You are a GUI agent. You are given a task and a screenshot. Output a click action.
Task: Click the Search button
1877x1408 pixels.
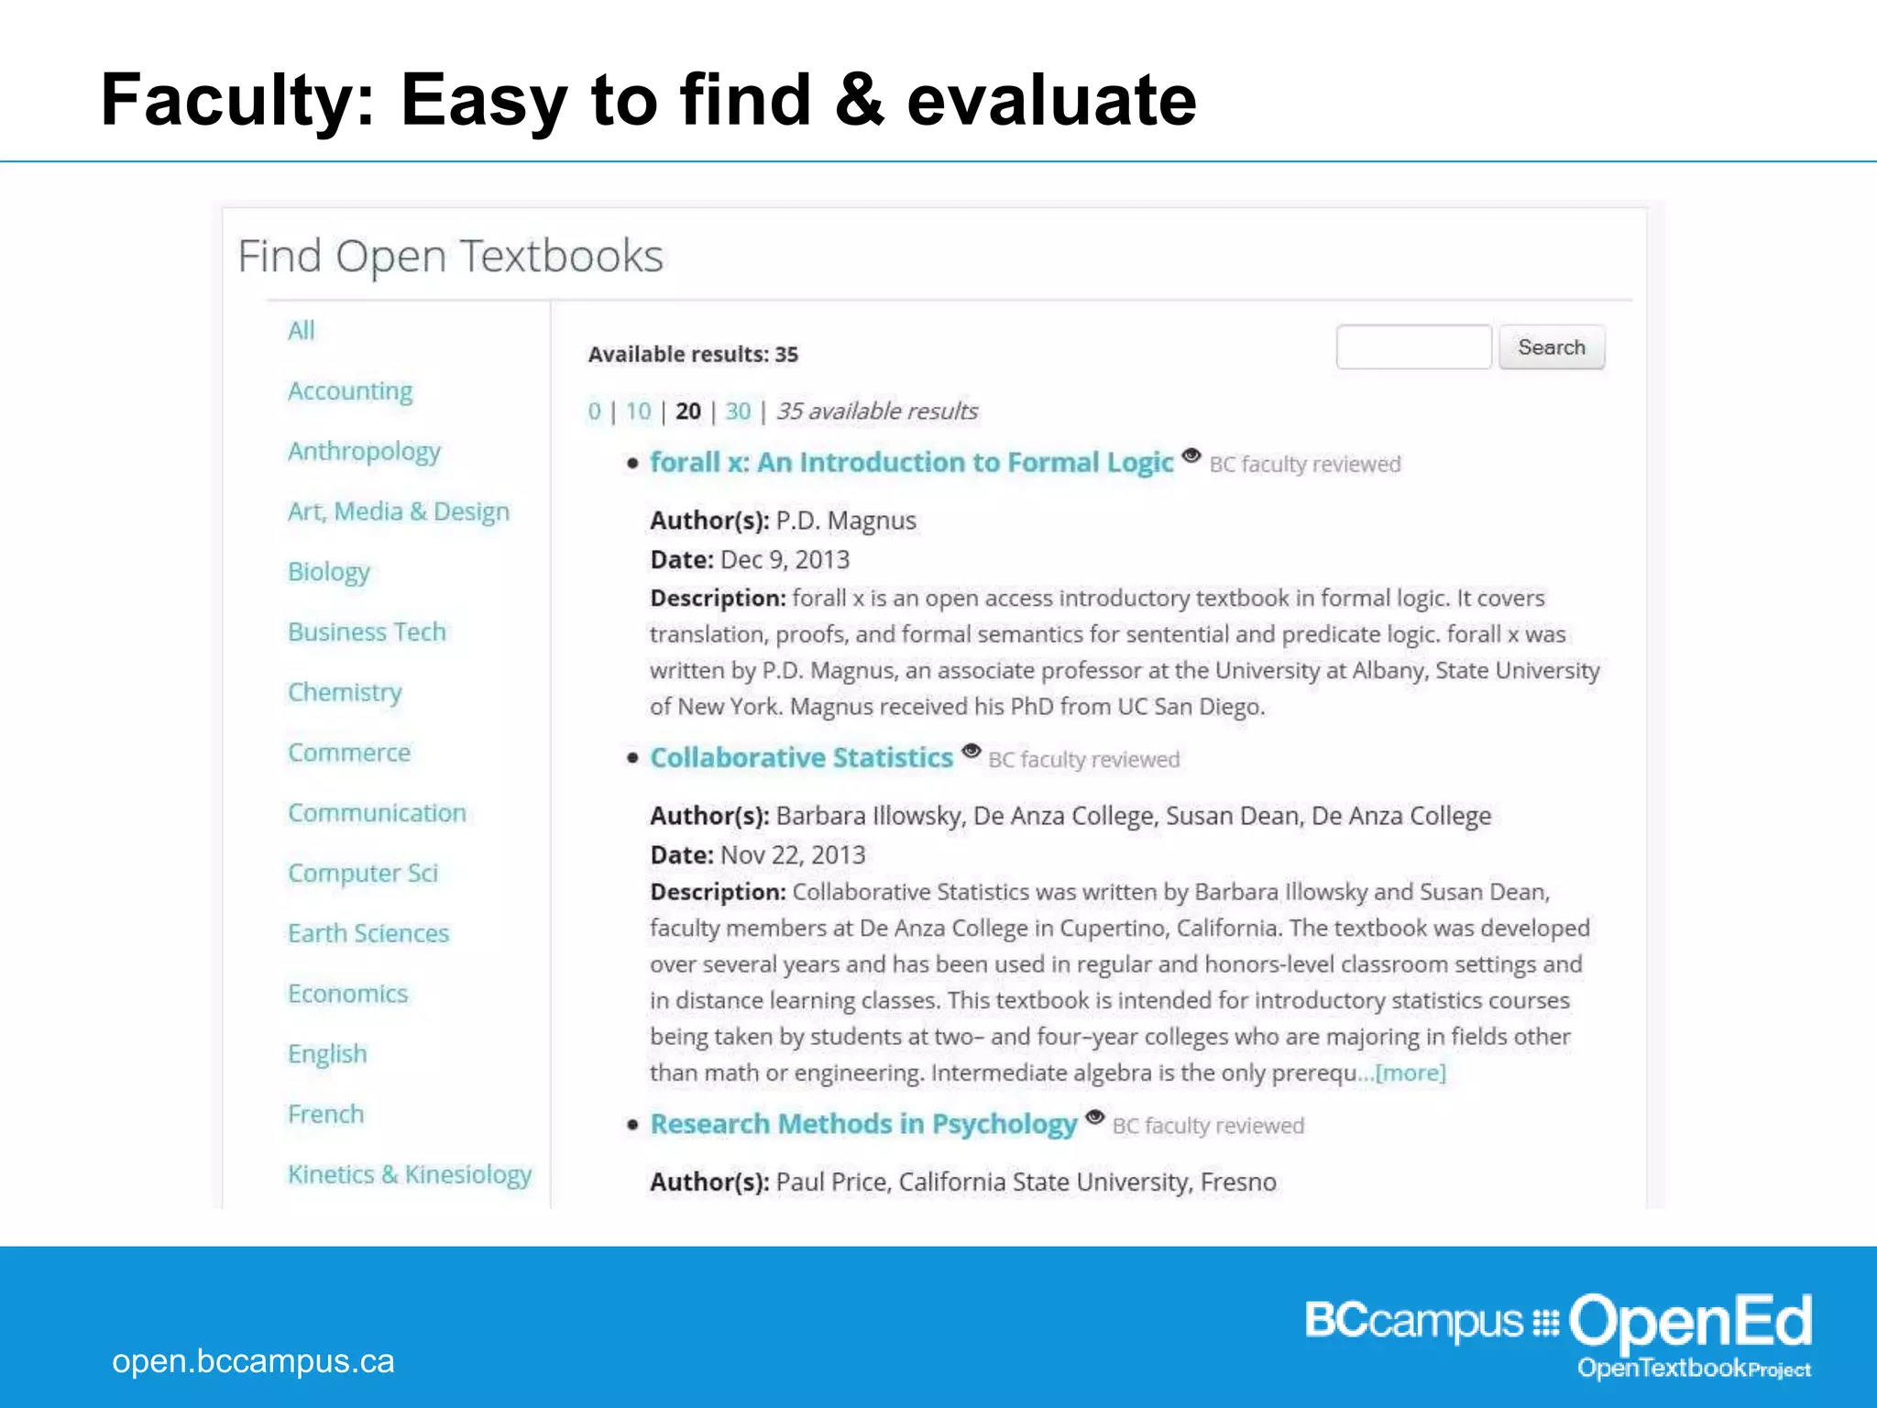(1551, 347)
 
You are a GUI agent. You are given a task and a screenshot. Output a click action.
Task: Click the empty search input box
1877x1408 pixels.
(1413, 347)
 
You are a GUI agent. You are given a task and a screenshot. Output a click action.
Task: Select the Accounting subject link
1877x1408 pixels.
(350, 391)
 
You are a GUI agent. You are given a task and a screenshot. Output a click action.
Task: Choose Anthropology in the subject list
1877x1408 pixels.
(364, 452)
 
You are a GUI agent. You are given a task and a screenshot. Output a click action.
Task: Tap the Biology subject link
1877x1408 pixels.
(328, 572)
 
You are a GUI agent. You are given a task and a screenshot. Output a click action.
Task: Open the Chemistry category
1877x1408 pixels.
(345, 692)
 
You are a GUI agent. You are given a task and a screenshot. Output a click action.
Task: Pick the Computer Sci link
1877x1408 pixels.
(363, 873)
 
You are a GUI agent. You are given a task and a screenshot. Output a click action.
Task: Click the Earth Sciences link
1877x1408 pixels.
(368, 933)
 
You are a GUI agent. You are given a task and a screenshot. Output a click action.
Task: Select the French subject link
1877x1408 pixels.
(325, 1114)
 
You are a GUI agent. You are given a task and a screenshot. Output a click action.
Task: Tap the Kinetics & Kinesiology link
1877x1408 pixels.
(410, 1174)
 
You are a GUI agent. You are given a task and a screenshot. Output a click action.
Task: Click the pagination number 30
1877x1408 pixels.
(738, 412)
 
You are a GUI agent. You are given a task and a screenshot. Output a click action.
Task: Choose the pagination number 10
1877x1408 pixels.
(638, 412)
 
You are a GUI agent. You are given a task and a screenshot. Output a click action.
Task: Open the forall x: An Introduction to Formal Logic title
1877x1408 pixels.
(911, 462)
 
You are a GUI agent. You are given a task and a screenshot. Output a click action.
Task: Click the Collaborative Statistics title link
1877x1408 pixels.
(802, 758)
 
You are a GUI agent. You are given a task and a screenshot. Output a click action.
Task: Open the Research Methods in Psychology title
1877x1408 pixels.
(863, 1124)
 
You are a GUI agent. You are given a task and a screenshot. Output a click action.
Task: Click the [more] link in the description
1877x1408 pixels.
(1410, 1072)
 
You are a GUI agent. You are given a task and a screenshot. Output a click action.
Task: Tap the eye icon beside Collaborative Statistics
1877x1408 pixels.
(971, 751)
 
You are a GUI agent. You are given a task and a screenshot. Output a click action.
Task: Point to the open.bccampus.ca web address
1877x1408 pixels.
(253, 1361)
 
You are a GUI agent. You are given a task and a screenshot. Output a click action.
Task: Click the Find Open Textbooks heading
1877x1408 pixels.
(450, 256)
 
